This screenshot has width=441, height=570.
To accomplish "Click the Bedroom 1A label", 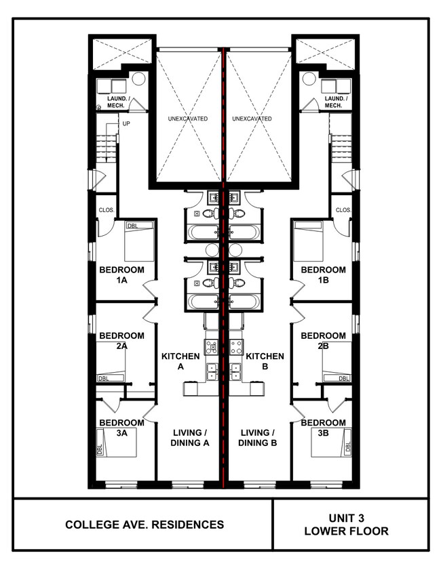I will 121,275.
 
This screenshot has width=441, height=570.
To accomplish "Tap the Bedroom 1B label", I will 324,275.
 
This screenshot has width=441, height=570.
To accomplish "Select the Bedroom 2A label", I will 121,340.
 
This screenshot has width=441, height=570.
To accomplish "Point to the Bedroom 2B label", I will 324,340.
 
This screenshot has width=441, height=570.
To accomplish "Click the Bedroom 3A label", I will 121,428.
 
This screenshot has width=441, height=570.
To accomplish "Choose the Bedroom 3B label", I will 324,428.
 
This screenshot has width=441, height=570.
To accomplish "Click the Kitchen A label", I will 180,361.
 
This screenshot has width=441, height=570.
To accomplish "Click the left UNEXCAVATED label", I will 188,119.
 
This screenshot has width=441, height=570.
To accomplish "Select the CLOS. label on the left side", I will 107,210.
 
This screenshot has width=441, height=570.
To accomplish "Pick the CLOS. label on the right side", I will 343,210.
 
